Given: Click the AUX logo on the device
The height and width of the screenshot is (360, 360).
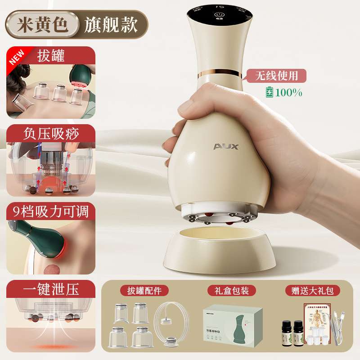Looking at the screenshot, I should [226, 147].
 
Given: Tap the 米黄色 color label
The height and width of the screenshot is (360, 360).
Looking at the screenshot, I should [43, 25].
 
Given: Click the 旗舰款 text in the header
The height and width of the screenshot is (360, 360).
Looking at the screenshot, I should [111, 25].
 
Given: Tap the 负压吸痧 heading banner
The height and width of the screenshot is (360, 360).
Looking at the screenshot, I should [51, 134].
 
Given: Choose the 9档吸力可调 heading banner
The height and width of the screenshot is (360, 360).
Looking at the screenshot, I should [51, 211].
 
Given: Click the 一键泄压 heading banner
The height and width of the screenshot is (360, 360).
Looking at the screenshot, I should [51, 289].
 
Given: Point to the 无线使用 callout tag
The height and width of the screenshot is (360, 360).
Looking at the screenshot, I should [276, 76].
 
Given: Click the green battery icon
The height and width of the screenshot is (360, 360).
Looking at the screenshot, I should [270, 92].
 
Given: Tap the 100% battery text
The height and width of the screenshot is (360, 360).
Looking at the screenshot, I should [288, 93].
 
